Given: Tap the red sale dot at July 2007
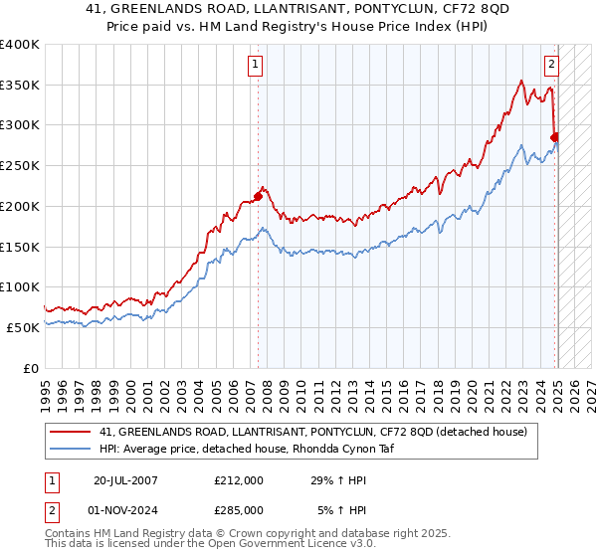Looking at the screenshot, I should tap(258, 196).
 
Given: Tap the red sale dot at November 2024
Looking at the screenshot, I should tap(554, 137).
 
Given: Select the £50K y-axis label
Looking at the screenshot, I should tap(23, 327).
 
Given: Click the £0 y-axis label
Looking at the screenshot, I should tap(33, 368).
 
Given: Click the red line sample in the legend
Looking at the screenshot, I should tap(72, 432).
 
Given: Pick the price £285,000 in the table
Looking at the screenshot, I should tap(239, 509).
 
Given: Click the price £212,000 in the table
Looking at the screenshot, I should tap(239, 479).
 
